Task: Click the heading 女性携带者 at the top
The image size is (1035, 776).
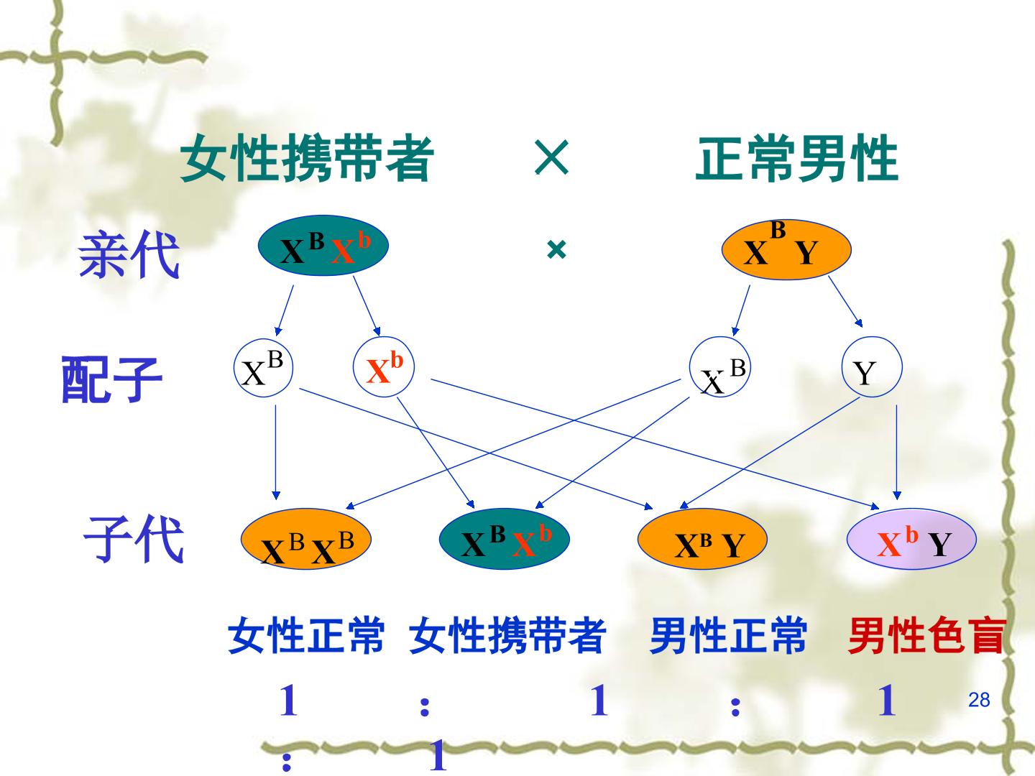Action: coord(306,158)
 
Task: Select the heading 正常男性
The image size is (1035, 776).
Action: coord(797,158)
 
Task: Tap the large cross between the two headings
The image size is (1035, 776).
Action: coord(551,157)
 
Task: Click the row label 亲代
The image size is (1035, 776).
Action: coord(129,255)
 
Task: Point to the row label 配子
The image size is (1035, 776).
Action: coord(111,379)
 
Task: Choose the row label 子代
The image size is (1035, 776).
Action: coord(134,539)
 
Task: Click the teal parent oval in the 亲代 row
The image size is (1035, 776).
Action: coord(323,246)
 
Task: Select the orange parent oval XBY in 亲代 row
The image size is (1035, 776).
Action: coord(786,249)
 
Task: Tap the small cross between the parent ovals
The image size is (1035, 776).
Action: coord(556,250)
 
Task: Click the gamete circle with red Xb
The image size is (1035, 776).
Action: coord(384,367)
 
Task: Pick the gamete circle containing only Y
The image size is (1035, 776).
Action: coord(872,367)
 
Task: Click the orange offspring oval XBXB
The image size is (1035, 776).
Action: coord(306,539)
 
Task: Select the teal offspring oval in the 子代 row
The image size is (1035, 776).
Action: coord(504,539)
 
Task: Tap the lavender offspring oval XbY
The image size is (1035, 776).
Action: coord(911,539)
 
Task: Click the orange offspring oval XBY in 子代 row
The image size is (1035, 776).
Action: coord(702,539)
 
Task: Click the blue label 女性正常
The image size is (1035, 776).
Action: coord(306,636)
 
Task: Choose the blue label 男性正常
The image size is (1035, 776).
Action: coord(728,636)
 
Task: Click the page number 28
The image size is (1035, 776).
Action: coord(979,700)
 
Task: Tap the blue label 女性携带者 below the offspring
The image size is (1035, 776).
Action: coord(507,636)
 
